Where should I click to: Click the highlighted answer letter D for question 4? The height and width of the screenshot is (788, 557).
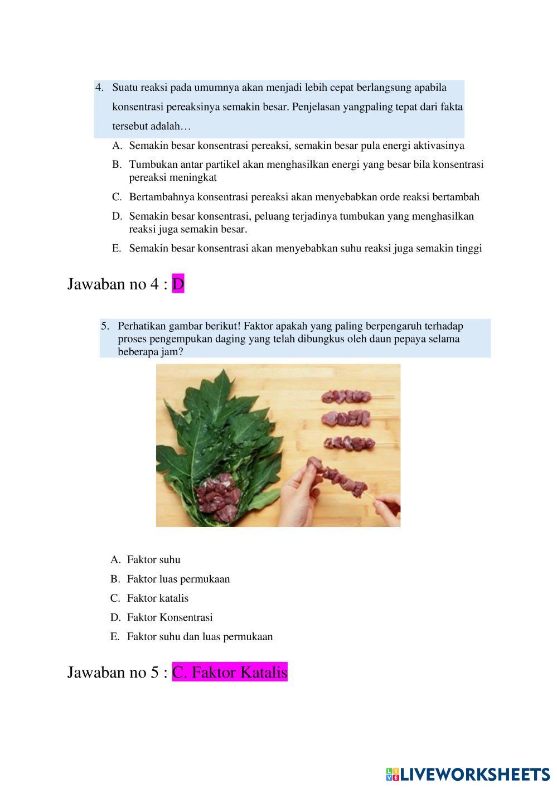point(178,284)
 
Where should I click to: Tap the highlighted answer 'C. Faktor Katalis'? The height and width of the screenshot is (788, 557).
point(229,673)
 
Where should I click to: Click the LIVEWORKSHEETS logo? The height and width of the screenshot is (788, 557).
point(467,774)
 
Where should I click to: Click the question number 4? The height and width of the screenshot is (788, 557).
point(100,88)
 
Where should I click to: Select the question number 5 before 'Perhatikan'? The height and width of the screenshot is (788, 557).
point(105,326)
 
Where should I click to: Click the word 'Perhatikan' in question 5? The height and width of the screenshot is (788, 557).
point(141,326)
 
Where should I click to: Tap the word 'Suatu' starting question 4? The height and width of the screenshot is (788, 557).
point(125,88)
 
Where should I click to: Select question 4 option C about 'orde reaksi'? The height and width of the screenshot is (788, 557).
point(304,197)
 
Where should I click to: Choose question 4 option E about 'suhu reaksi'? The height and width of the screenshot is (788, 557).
point(305,249)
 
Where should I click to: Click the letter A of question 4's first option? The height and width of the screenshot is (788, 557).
point(117,146)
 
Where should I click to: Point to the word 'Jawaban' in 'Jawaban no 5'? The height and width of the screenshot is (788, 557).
point(94,673)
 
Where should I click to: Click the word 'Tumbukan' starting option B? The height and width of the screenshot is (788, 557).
point(150,165)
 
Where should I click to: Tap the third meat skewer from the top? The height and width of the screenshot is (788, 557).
point(348,443)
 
